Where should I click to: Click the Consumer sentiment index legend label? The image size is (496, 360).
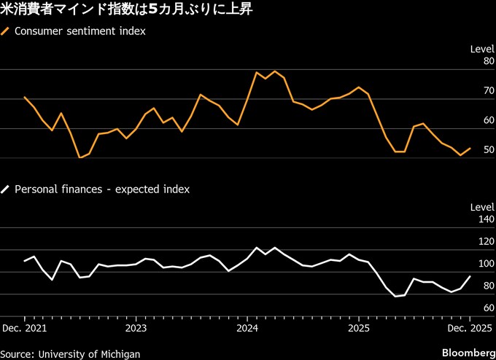point(80,31)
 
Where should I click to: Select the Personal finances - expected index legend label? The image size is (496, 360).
point(102,189)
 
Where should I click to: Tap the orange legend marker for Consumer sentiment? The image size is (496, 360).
point(7,31)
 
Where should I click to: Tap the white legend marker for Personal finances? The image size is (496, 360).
point(7,189)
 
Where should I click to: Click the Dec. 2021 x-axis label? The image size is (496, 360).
point(25,328)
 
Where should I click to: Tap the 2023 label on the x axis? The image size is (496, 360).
point(136,328)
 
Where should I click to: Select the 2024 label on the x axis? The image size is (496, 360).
point(247,328)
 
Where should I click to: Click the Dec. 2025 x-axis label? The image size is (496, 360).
point(468,328)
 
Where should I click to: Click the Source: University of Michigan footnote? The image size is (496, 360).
point(70,353)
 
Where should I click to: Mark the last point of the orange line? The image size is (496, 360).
point(470,148)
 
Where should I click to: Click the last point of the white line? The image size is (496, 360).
point(470,276)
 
